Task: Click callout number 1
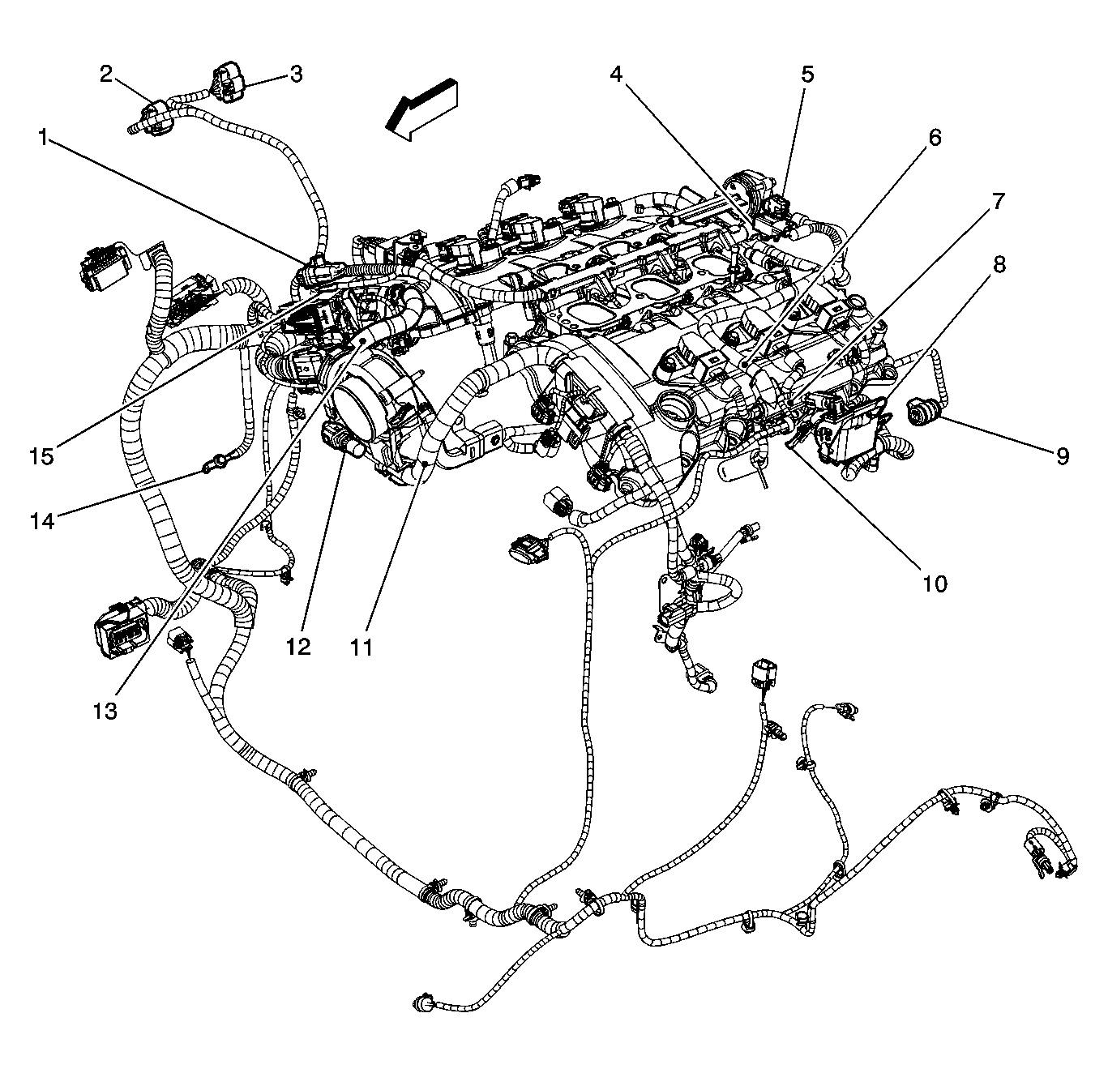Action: coord(43,137)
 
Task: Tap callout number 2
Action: coord(106,74)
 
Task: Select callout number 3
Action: coord(296,74)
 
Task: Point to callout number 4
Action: coord(617,74)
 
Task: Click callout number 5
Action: coord(807,74)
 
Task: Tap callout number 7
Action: coord(999,201)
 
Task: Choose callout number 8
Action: coord(999,265)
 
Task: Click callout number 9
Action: coord(1063,455)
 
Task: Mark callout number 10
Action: coord(935,583)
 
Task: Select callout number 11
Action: coord(361,648)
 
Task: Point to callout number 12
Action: coord(298,648)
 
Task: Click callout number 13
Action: coord(106,711)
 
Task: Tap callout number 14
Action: coord(43,520)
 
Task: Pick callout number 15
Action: coord(43,456)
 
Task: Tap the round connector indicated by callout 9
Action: coord(920,413)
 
